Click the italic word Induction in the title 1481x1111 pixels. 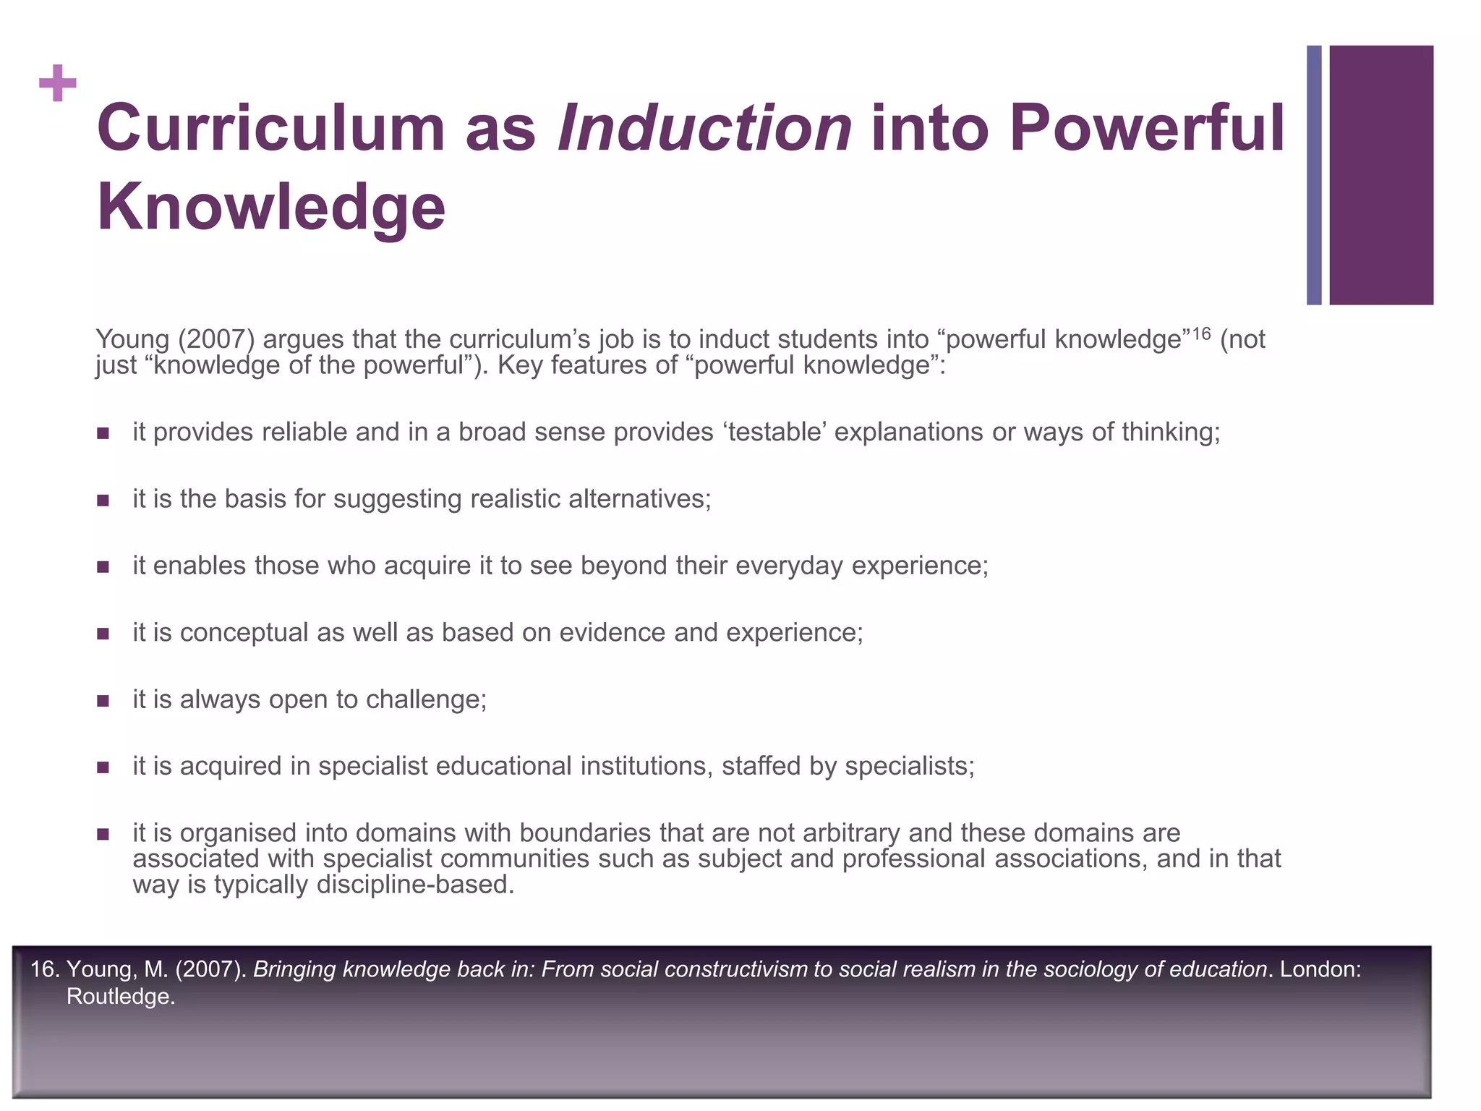tap(705, 128)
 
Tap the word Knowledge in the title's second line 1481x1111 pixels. tap(271, 207)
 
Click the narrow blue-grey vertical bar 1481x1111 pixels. tap(1314, 175)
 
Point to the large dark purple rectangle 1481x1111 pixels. tap(1381, 175)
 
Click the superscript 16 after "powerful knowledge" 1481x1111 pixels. tap(1200, 333)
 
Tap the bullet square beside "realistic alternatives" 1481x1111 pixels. tap(103, 500)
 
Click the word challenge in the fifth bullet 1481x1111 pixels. tap(426, 699)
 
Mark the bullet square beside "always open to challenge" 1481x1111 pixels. tap(103, 700)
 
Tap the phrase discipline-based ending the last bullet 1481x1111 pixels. tap(415, 885)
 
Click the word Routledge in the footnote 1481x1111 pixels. tap(120, 997)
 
